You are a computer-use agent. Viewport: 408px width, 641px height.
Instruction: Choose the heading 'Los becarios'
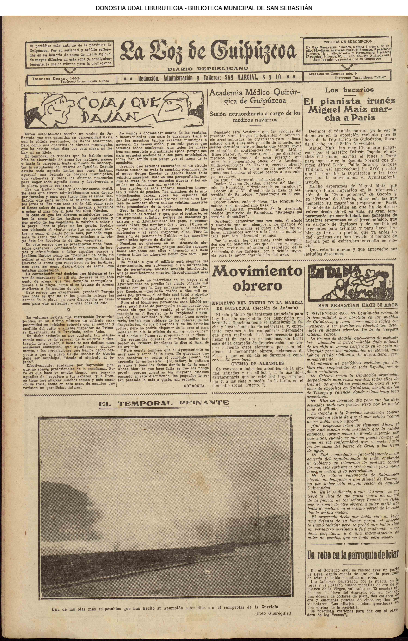click(x=349, y=90)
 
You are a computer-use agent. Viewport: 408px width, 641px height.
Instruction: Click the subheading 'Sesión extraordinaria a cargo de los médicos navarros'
click(x=255, y=116)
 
